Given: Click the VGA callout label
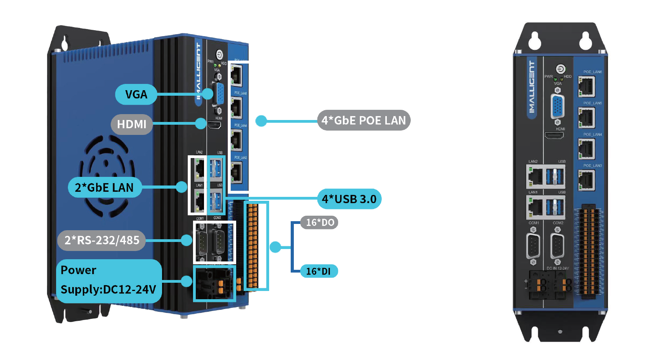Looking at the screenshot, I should click(136, 95).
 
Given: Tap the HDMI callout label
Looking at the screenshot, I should click(132, 124).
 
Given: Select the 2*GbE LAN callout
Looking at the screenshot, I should click(104, 187).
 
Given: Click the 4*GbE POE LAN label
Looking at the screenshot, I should click(364, 120).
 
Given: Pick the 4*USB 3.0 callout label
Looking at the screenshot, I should click(349, 199).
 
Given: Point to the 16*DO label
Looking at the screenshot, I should click(319, 222).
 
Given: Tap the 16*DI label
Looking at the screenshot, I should click(319, 271).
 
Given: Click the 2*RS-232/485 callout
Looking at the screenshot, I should click(102, 240).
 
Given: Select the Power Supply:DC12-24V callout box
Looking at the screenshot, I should click(109, 280).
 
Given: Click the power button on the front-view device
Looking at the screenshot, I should click(561, 69).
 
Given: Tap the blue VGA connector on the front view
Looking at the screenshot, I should click(558, 107).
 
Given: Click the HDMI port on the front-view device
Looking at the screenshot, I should click(554, 136).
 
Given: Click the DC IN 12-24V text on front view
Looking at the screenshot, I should click(557, 268).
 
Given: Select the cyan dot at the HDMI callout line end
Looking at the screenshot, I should click(201, 124).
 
